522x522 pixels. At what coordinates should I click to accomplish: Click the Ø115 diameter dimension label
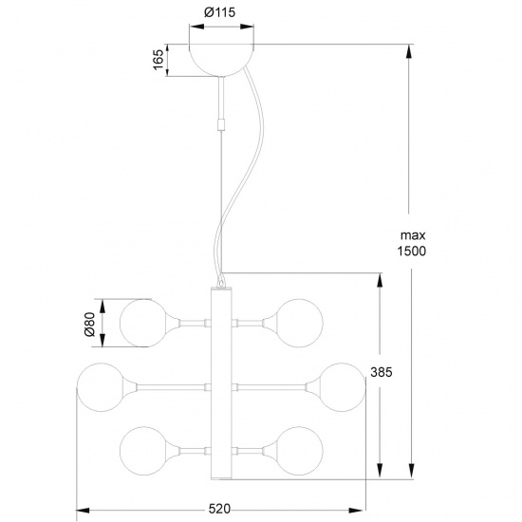220,14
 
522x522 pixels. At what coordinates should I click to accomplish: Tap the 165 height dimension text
159,60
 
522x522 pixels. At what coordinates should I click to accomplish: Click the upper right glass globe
298,323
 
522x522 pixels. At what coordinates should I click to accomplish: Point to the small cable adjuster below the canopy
221,124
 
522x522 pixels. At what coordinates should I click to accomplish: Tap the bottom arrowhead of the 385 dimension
381,476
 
